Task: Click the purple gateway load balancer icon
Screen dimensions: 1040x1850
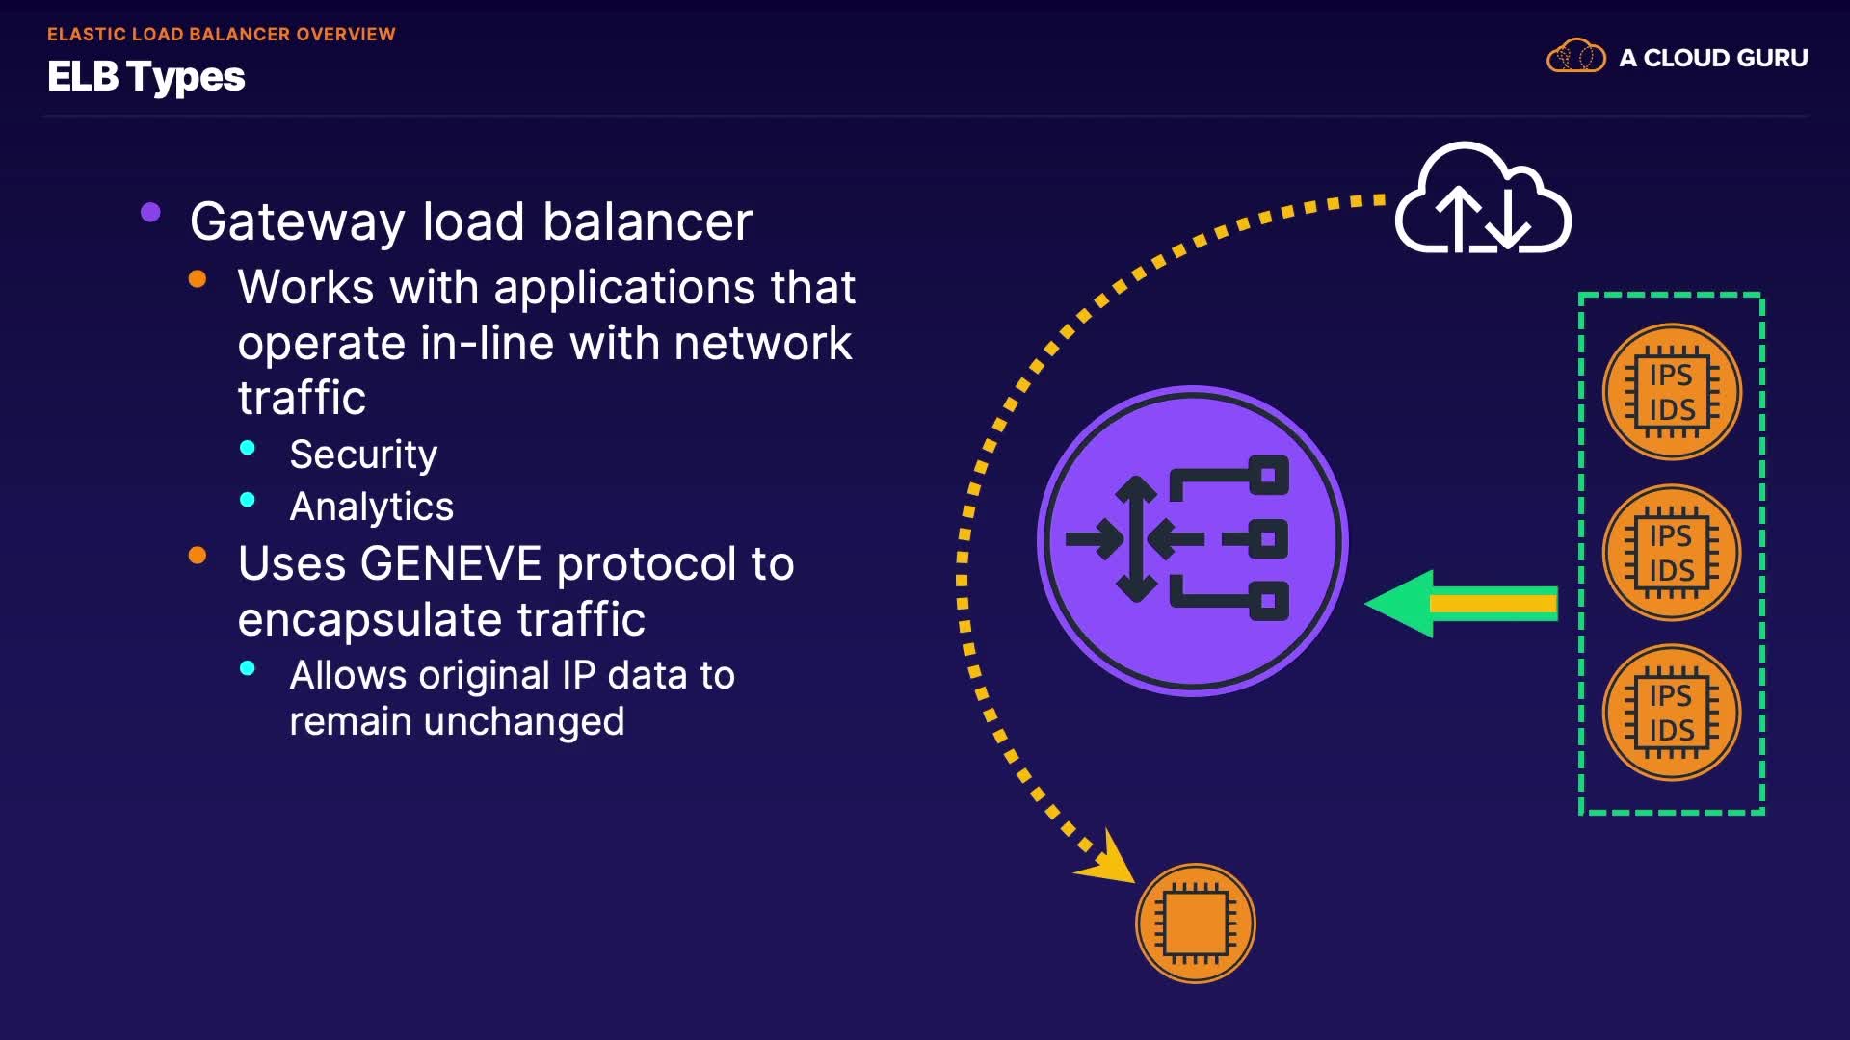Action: pos(1192,540)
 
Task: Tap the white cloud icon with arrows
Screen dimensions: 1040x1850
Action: pos(1483,201)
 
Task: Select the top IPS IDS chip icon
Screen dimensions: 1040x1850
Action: pos(1672,392)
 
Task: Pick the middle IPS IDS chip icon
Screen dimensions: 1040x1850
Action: pos(1672,553)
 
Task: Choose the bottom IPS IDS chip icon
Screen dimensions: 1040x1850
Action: pos(1672,713)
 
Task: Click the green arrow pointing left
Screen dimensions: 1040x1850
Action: pos(1460,604)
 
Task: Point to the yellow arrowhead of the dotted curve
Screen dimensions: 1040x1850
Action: pos(1109,859)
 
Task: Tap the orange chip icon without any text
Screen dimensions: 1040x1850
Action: pos(1195,923)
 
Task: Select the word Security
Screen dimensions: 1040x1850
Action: pos(363,455)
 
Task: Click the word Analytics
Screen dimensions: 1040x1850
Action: pos(371,507)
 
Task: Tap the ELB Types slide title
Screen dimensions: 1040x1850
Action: pos(146,77)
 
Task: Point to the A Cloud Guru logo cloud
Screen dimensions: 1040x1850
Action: pos(1575,57)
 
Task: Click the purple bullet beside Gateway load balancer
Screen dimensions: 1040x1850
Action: pos(150,213)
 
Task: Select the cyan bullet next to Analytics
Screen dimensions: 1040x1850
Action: pos(248,500)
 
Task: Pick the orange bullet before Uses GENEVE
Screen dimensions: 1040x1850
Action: pos(198,556)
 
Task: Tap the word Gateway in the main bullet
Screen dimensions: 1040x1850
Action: pos(297,222)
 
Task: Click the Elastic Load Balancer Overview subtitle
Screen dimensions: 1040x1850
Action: pos(221,34)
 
